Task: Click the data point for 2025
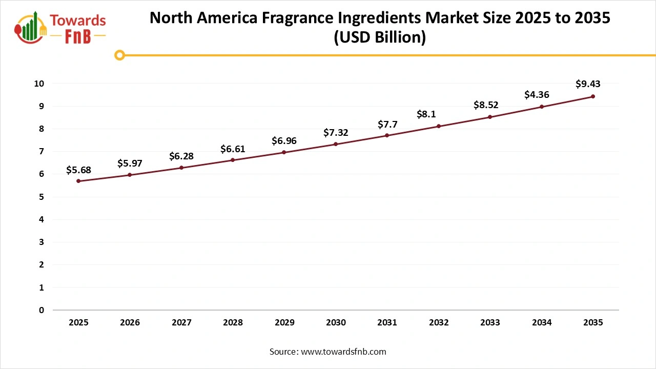point(78,181)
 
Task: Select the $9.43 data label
point(588,84)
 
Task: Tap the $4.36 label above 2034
point(537,95)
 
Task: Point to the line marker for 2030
point(336,144)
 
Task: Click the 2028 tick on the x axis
point(233,323)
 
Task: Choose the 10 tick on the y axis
point(39,84)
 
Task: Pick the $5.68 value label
point(78,170)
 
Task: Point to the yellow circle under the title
point(119,55)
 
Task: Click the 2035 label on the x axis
point(593,323)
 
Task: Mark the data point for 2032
point(439,126)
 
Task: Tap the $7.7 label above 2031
point(387,124)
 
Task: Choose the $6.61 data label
point(233,149)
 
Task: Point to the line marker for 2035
point(593,96)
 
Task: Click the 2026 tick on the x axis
point(130,323)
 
